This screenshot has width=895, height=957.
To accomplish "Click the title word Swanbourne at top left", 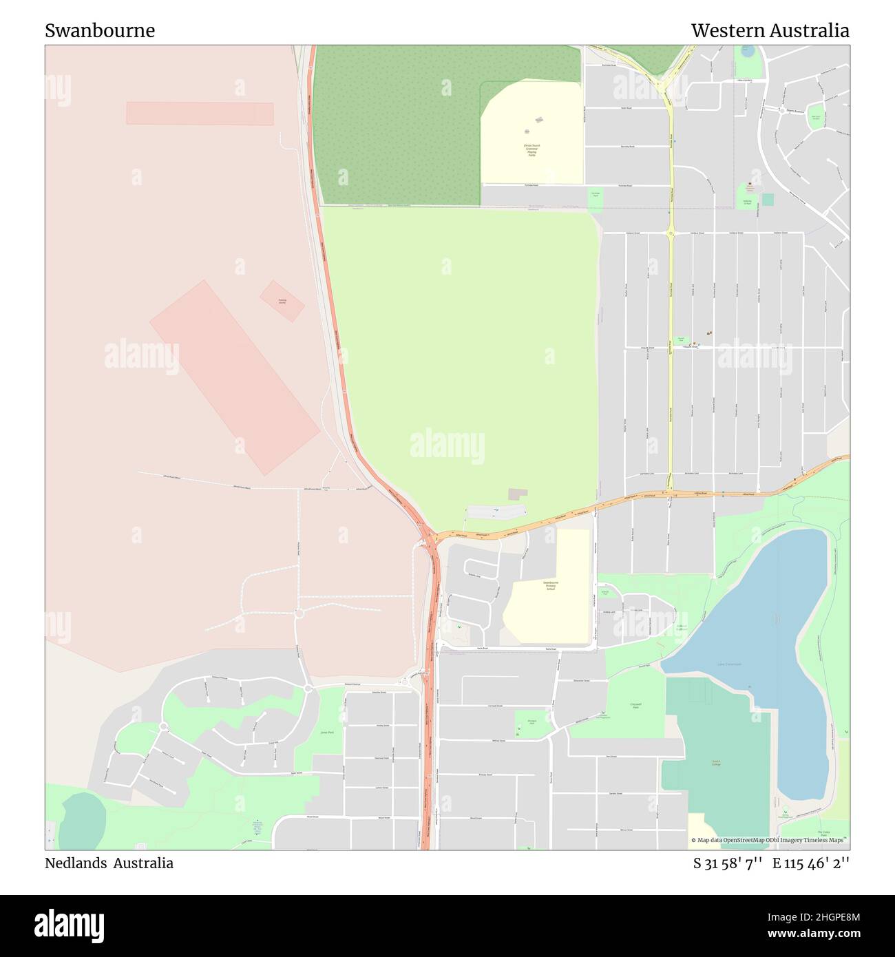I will point(100,30).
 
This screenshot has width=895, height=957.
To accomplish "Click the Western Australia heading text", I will point(770,30).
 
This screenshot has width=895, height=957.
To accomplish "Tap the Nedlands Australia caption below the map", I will point(109,863).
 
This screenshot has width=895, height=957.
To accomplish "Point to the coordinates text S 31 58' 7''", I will point(727,863).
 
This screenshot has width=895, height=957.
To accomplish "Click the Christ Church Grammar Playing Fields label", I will point(531,150).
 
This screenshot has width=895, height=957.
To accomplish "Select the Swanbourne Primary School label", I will point(550,586).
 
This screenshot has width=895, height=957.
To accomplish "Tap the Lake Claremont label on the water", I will point(730,664).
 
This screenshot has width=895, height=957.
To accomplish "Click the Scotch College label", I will point(716,763).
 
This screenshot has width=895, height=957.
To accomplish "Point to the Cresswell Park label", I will point(635,706).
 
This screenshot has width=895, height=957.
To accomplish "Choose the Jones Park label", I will point(327,732).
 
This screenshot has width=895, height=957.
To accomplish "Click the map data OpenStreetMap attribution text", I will point(770,840).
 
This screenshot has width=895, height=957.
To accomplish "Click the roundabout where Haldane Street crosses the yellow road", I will point(671,233).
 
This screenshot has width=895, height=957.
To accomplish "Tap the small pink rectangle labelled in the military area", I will point(282,301).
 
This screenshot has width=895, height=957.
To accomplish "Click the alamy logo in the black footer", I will point(70,925).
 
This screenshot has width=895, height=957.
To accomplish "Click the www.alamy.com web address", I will point(814,934).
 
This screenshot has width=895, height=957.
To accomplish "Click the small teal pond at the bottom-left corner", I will point(82,821).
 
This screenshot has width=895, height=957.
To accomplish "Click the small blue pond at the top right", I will point(747,52).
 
